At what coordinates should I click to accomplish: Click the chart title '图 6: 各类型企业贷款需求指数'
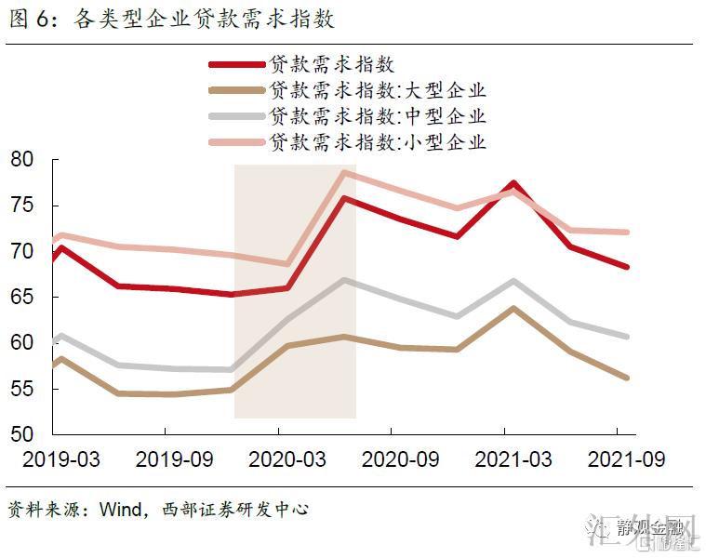pos(172,20)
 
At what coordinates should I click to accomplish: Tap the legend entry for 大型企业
pos(378,91)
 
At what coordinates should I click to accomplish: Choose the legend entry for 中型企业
pos(378,117)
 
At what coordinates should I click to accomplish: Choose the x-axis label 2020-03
pos(278,459)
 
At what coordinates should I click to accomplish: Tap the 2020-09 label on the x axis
pos(392,459)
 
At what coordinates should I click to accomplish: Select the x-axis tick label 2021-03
pos(505,459)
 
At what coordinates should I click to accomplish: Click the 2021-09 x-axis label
pos(618,459)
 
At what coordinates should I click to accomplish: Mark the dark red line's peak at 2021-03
pos(513,183)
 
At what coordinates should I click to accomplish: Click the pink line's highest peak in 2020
pos(344,172)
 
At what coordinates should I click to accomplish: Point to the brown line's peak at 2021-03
pos(513,307)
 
